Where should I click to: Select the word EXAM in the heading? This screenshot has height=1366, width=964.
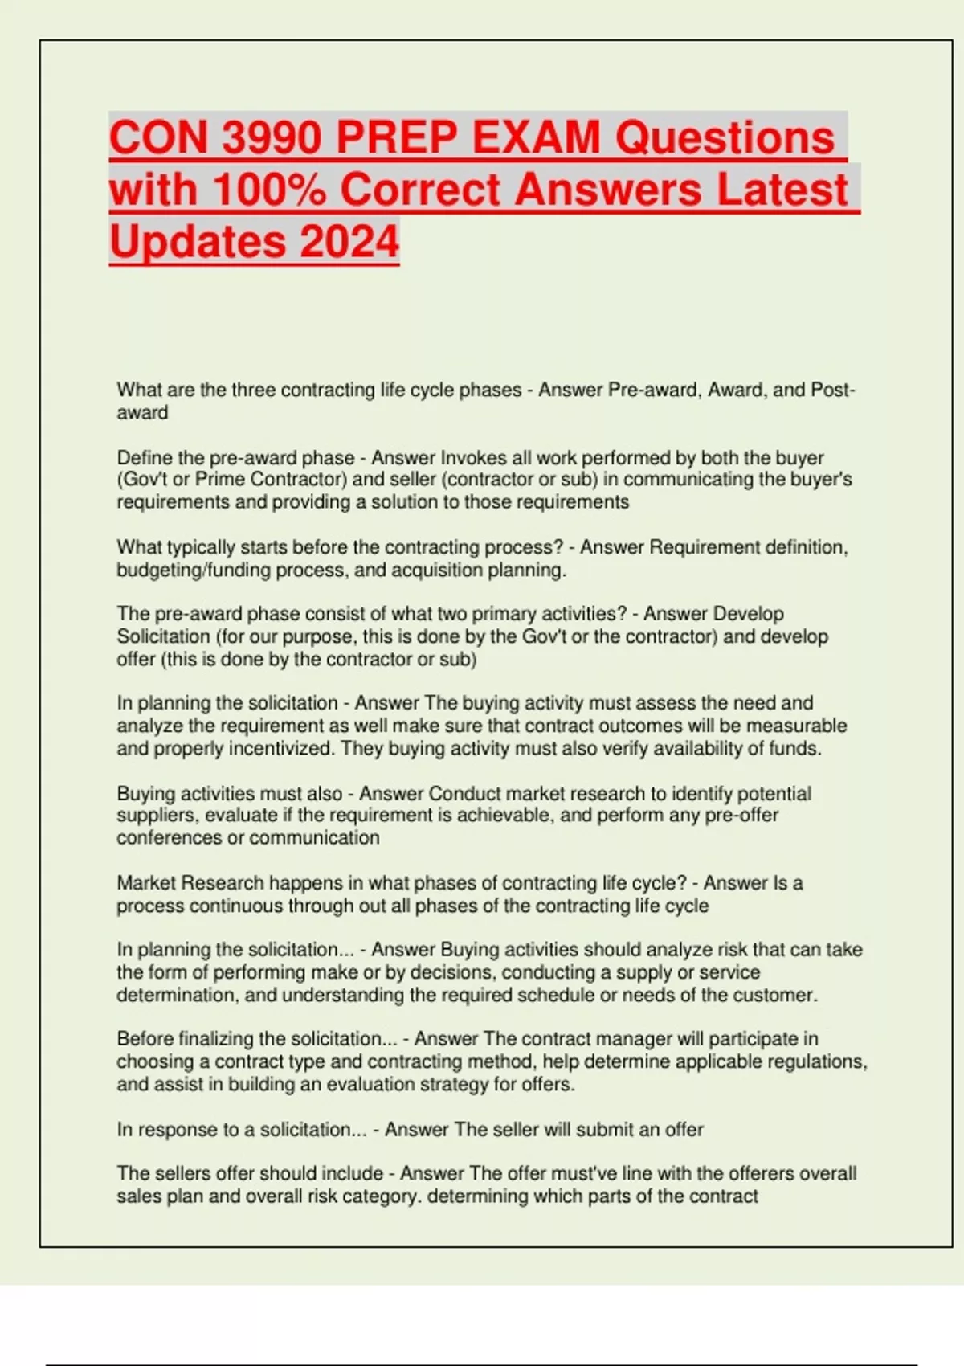click(536, 137)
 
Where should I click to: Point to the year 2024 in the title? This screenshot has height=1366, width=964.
click(349, 241)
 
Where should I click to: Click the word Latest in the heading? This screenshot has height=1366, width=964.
click(782, 190)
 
